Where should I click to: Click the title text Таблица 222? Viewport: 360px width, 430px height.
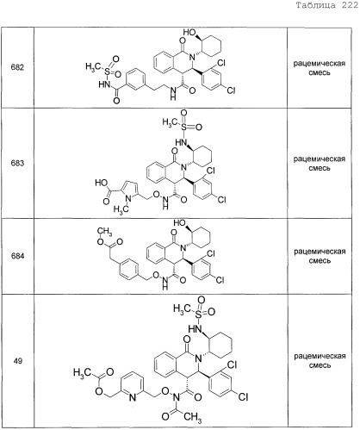[x=327, y=5]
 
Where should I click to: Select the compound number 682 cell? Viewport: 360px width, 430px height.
[x=17, y=67]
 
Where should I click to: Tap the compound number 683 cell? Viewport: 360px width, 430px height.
[x=17, y=163]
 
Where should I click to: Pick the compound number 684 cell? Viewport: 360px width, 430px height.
[x=17, y=256]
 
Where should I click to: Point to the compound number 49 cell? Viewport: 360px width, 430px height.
[x=18, y=361]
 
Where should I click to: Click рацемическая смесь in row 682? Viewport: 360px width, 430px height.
[x=320, y=68]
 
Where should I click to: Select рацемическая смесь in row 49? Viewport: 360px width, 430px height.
[x=320, y=361]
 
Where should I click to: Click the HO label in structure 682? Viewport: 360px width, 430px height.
[x=189, y=32]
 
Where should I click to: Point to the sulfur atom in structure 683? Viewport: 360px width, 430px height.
[x=183, y=128]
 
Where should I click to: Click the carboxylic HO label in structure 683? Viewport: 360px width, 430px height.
[x=102, y=183]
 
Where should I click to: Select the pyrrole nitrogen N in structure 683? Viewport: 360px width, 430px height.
[x=129, y=198]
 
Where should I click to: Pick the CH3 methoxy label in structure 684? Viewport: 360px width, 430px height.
[x=104, y=231]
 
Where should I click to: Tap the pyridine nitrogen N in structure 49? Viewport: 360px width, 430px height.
[x=132, y=397]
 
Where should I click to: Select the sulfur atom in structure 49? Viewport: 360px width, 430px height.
[x=199, y=315]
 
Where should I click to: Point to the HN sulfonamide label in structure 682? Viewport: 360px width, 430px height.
[x=104, y=84]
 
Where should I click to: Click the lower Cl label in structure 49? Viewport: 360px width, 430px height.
[x=243, y=397]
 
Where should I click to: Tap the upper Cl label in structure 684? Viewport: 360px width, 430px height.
[x=211, y=253]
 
